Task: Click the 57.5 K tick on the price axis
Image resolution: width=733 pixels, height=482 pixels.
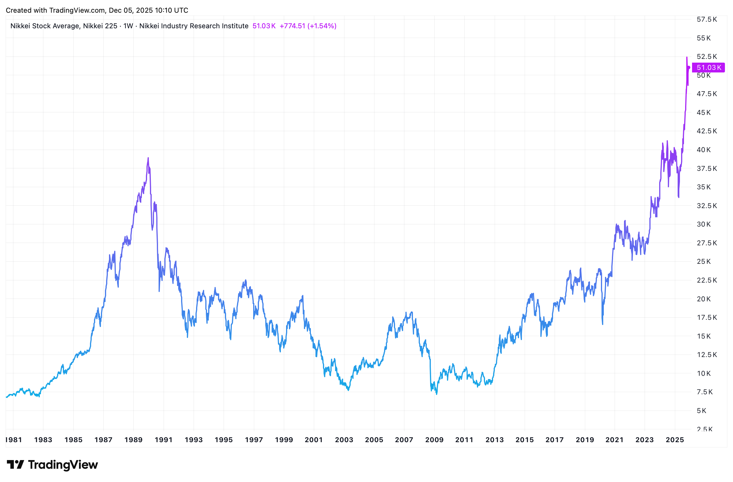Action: coord(706,19)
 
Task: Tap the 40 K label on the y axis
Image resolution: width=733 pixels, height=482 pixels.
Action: coord(703,150)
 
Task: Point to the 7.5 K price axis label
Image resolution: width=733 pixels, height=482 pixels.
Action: coord(705,392)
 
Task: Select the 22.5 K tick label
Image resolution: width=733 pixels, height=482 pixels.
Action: coord(706,280)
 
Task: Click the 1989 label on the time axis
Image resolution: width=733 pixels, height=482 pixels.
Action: coord(133,440)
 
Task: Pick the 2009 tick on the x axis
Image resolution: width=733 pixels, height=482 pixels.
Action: coord(434,440)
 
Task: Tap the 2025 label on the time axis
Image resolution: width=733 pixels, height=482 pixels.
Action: coord(674,440)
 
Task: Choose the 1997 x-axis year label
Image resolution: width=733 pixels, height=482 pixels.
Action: coord(254,440)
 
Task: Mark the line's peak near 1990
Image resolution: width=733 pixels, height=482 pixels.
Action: coord(148,158)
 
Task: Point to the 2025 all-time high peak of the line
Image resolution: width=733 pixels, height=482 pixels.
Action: coord(687,57)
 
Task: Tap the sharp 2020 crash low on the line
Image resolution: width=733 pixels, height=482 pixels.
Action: coord(602,324)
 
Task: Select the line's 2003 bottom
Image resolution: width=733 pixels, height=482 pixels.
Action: coord(348,390)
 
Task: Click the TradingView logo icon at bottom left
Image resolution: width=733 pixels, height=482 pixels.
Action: coord(15,464)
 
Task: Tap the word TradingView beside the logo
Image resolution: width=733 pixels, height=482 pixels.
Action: coord(63,464)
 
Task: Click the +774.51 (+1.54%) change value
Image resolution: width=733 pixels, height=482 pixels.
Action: coord(308,26)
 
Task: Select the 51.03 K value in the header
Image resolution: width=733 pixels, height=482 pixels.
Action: coord(264,26)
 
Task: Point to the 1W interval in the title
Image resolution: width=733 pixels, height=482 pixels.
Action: coord(128,26)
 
